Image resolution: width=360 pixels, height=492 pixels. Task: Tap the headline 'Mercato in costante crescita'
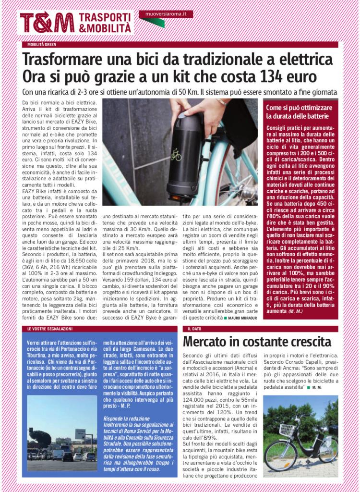tap(257, 342)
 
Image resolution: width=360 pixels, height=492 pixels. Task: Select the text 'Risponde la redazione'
tap(124, 418)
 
